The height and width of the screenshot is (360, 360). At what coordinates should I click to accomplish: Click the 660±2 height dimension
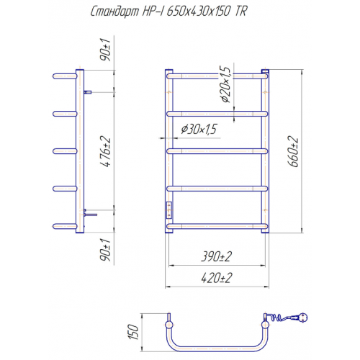coord(293,151)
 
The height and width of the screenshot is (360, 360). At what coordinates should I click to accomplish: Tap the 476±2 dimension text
coord(106,151)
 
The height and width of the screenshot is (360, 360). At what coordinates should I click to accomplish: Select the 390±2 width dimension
coord(217,256)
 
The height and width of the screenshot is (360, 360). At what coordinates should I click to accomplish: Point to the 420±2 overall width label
coord(217,278)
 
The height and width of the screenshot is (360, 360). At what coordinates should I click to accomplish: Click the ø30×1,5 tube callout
coord(199,129)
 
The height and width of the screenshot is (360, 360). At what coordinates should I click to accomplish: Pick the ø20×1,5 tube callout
coord(225,84)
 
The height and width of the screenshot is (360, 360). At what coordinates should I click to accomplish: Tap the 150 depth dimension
coord(133,332)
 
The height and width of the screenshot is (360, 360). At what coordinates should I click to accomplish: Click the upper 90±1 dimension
coord(106,50)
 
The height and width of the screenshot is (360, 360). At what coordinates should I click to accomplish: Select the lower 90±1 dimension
coord(106,251)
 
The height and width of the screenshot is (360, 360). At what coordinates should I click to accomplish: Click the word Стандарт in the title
coord(114,12)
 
